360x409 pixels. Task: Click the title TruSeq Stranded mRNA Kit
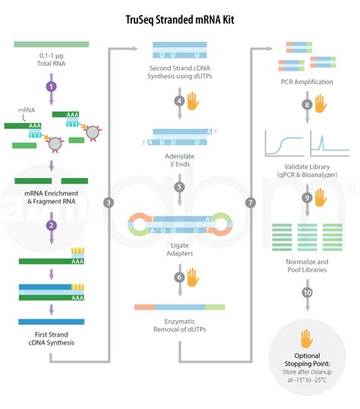(x=179, y=13)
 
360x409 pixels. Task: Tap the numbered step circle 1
(x=52, y=87)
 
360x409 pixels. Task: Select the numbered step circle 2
(x=52, y=225)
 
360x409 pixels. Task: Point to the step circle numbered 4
(x=178, y=100)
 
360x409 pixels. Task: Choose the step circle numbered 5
(x=178, y=186)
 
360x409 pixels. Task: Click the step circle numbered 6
(x=178, y=278)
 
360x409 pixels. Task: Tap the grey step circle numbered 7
(x=251, y=203)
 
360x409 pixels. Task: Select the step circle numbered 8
(x=307, y=105)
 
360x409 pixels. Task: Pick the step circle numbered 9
(x=307, y=197)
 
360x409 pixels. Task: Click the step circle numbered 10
(x=307, y=292)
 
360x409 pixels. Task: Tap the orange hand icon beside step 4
(x=193, y=100)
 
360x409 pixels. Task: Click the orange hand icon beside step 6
(x=193, y=277)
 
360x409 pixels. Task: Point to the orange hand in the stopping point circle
(x=307, y=338)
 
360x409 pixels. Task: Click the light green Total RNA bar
(x=52, y=45)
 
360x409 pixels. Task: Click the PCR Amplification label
(x=307, y=80)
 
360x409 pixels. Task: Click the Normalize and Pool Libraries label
(x=307, y=266)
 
